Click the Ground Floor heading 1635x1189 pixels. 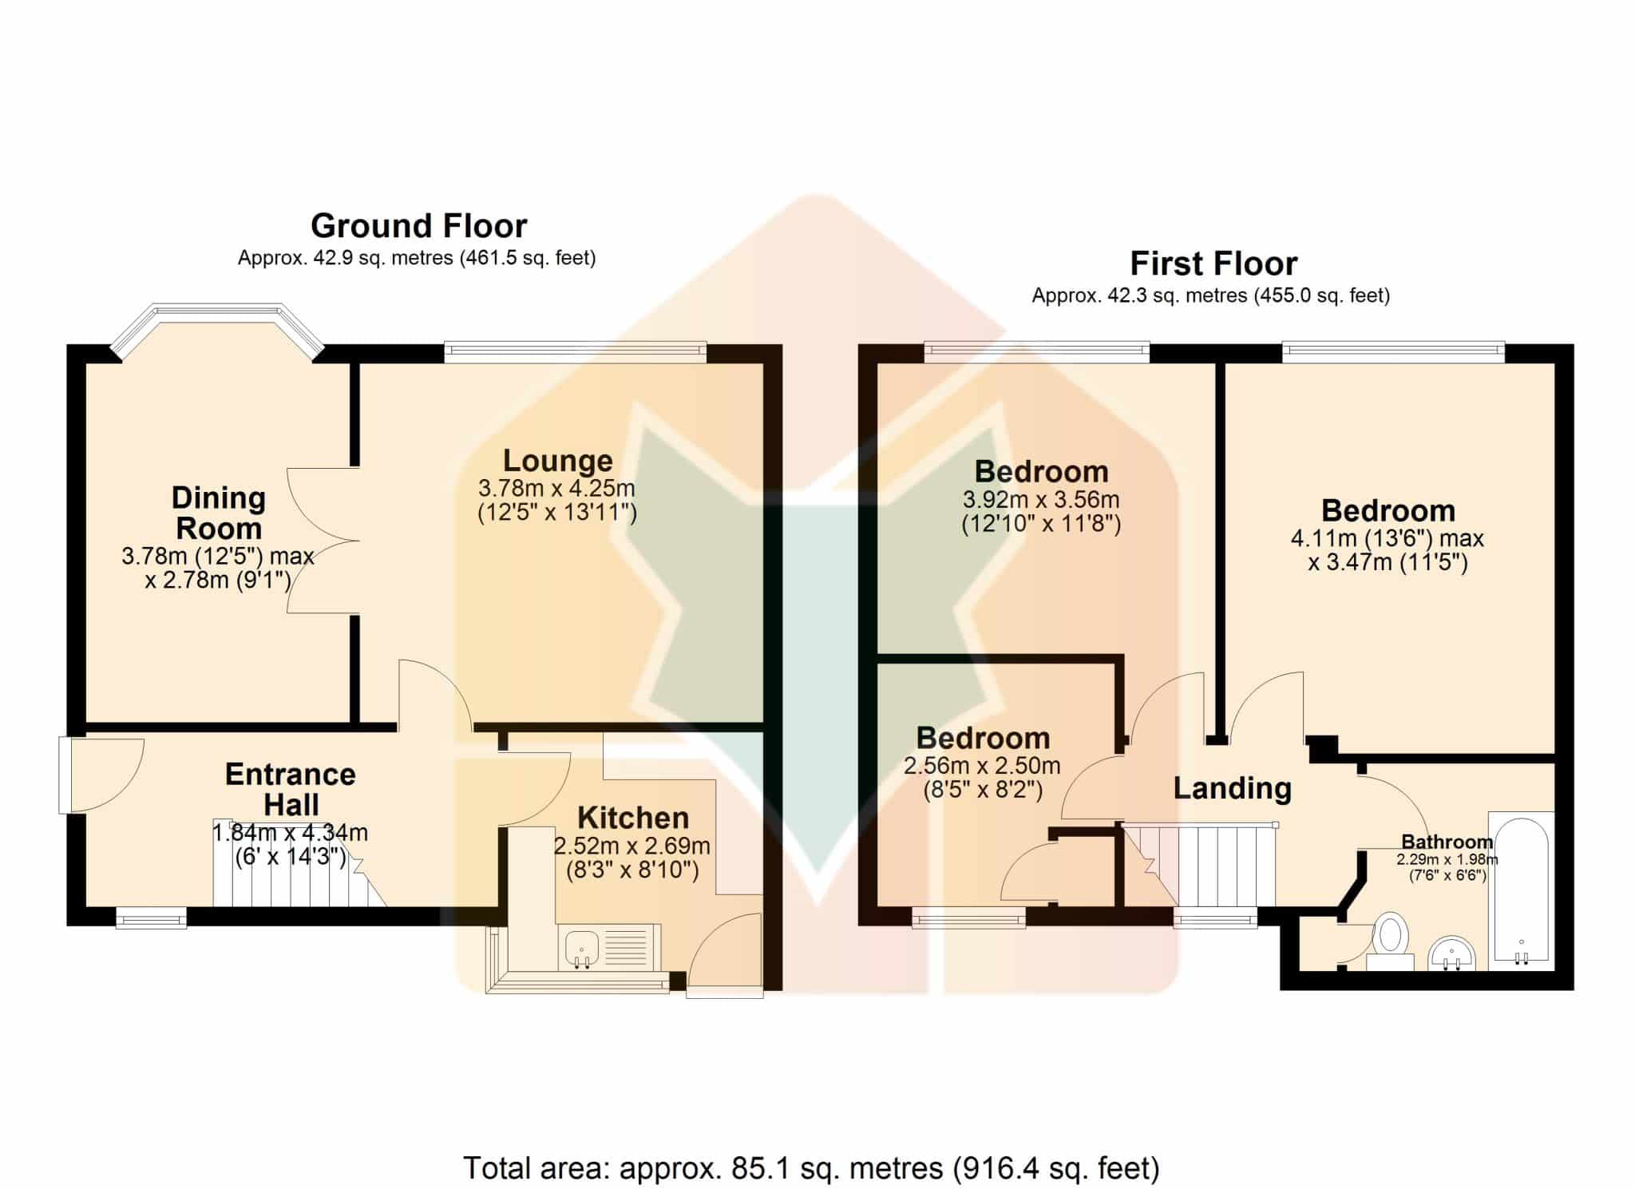click(418, 226)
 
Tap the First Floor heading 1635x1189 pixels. click(1213, 264)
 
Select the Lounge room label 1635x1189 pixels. click(558, 461)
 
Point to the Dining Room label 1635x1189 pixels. click(219, 513)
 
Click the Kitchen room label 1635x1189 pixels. click(633, 818)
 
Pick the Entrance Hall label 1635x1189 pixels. click(291, 789)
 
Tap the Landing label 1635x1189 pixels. click(1233, 788)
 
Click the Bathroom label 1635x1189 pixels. click(1447, 842)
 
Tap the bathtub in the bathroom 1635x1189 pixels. click(1522, 891)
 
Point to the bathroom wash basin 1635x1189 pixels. click(1451, 953)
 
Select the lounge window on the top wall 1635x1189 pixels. click(576, 352)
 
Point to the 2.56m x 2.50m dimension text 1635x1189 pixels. click(982, 766)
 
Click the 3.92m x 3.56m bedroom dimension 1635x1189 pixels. click(1041, 500)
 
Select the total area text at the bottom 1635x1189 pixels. click(811, 1168)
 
